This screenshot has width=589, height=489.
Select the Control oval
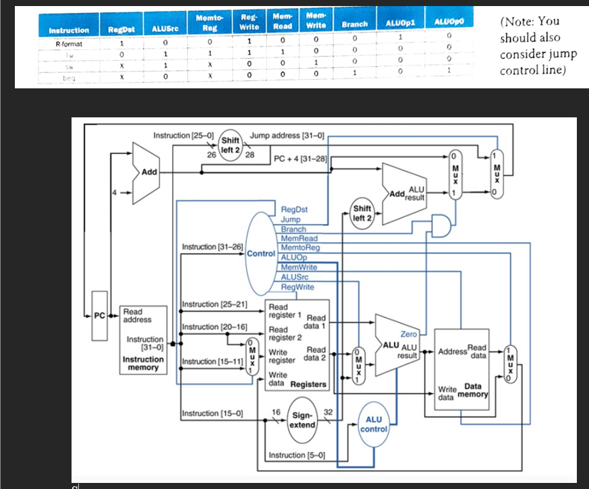point(260,254)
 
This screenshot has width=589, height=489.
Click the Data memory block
point(462,364)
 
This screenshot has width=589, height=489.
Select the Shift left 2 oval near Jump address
point(234,144)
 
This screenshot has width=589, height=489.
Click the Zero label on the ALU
point(409,334)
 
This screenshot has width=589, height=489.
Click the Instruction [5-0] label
point(297,455)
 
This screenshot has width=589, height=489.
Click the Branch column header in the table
point(355,24)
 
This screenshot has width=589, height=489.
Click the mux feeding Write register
point(252,355)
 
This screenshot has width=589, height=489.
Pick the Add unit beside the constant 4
point(147,173)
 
